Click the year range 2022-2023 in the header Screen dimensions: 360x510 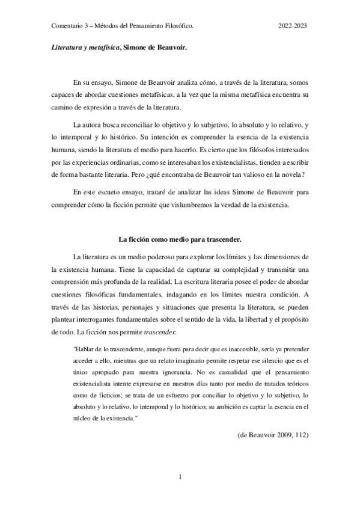coord(293,26)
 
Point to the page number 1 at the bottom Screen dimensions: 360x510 coord(180,478)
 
